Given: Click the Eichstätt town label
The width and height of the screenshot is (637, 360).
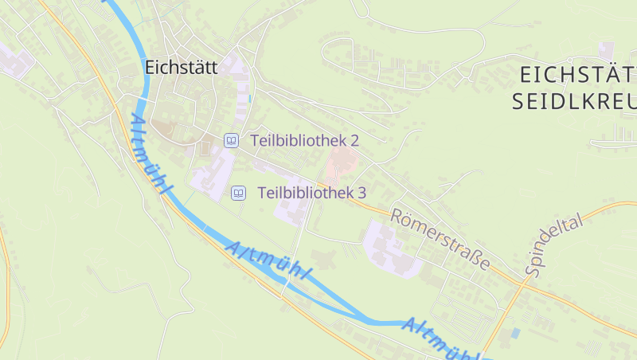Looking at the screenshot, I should pos(182,68).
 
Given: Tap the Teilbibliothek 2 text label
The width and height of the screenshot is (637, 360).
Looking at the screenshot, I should pos(304,140).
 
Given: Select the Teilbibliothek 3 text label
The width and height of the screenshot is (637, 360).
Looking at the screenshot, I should pos(311,193).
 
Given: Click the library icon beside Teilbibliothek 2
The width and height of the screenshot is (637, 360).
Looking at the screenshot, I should pos(231,140).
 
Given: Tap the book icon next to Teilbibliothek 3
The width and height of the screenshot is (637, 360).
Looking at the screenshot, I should pos(238,193).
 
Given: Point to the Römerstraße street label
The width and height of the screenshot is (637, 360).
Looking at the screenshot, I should pos(440,238).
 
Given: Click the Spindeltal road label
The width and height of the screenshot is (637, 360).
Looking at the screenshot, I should pos(554,246).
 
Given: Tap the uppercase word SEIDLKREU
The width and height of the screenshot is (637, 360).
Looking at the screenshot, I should pos(573,102).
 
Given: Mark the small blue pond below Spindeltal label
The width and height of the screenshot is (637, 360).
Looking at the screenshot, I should pos(515,331).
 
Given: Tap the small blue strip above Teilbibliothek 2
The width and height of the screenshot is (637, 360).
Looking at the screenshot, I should pos(249,99).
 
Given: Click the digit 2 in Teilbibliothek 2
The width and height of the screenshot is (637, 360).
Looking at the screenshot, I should pos(354,140).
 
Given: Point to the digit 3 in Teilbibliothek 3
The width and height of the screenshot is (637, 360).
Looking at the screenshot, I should pos(361,193).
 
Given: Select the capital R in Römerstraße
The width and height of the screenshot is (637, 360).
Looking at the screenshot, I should pos(397,215).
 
